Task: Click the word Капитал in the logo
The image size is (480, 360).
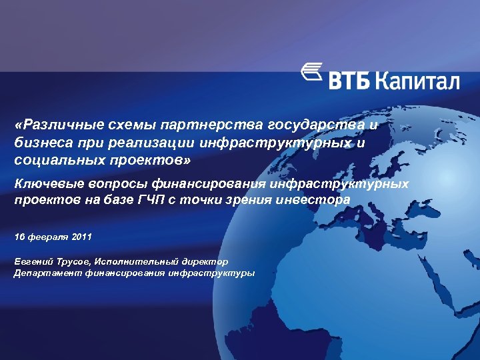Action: [x=418, y=80]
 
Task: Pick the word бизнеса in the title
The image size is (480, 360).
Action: [x=38, y=143]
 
